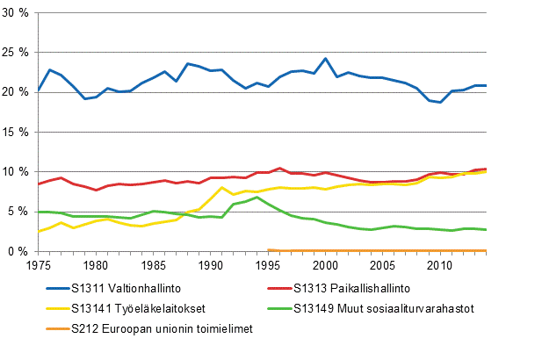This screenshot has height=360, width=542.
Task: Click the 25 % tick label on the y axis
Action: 18,52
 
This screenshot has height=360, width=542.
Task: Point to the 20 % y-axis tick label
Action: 18,91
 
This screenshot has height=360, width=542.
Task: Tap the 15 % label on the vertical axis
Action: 18,132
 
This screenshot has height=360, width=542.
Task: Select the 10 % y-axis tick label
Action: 18,171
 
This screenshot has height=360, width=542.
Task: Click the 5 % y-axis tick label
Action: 20,211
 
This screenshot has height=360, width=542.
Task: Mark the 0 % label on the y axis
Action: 20,251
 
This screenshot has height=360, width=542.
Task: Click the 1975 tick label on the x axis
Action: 38,264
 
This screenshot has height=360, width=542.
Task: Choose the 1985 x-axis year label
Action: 153,264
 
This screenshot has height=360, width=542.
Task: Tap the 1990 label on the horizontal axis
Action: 210,264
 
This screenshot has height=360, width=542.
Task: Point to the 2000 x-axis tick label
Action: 325,264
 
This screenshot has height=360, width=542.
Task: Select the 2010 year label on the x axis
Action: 440,264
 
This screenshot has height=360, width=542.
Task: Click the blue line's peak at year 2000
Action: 325,59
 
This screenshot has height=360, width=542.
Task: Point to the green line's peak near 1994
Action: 257,198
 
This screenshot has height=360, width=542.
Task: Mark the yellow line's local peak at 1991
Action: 222,187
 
